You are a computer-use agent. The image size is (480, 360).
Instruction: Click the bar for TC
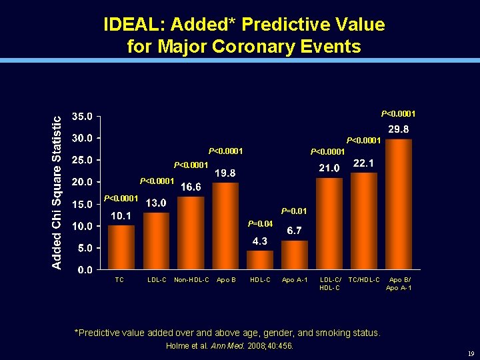click(x=121, y=247)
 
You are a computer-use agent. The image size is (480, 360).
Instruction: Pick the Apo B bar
click(x=225, y=226)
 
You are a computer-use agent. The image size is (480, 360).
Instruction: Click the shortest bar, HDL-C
click(x=260, y=260)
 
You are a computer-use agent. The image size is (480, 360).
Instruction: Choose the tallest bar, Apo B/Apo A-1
click(x=399, y=204)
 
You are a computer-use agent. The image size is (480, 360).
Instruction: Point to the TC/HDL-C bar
click(x=364, y=221)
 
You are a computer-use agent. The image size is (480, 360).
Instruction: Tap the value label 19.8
click(x=225, y=173)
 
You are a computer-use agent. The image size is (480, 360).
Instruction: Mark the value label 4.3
click(x=260, y=241)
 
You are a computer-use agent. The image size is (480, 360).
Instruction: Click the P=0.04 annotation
click(x=260, y=223)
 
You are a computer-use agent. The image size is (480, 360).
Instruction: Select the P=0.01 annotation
click(x=294, y=211)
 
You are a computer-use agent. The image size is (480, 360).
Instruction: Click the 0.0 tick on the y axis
click(x=85, y=270)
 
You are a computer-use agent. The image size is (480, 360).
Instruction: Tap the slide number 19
click(x=471, y=354)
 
